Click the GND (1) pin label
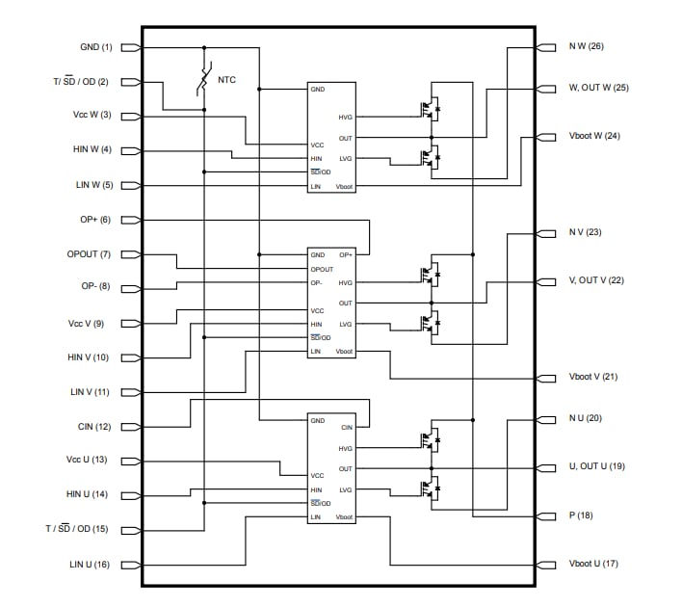pos(96,46)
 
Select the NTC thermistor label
pos(226,79)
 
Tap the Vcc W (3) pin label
pos(92,116)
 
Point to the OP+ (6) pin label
pos(95,220)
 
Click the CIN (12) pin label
pos(94,427)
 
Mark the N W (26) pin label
pos(586,46)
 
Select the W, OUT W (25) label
pos(598,88)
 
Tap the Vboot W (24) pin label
pos(594,136)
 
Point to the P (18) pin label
pos(581,515)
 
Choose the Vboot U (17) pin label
pos(593,564)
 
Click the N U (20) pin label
pos(585,418)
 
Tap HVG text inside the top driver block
pos(345,118)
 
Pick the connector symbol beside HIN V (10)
pos(130,357)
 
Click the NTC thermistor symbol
pos(204,80)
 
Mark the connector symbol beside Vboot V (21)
pos(549,377)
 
